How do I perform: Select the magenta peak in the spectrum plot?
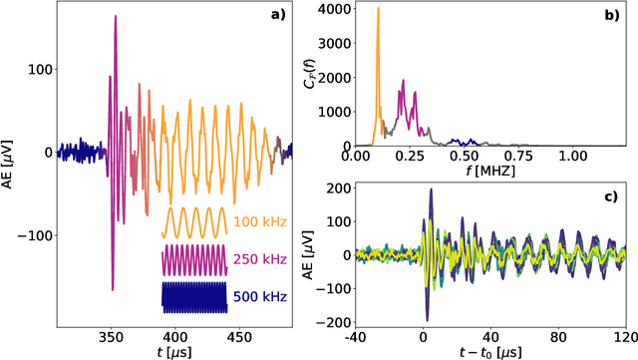(403, 84)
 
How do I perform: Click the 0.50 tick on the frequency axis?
(463, 157)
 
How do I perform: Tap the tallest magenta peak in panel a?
(115, 18)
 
